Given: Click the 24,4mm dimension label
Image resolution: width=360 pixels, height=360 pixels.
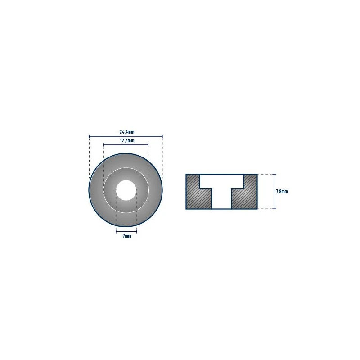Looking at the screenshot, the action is (x=127, y=132).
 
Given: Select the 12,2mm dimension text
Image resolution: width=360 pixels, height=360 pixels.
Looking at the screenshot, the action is (x=127, y=140).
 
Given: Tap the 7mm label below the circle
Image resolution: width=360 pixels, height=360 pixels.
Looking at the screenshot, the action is (x=127, y=236).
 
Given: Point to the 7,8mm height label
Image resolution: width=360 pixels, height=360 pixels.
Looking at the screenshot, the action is (x=282, y=191).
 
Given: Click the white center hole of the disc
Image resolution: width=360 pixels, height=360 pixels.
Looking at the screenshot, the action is (x=126, y=190).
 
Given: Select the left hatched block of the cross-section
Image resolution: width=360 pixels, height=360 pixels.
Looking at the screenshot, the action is (x=198, y=192).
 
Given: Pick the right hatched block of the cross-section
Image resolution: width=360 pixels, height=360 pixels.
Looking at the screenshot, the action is (x=244, y=192).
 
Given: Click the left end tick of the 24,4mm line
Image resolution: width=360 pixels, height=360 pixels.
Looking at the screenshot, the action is (x=89, y=137).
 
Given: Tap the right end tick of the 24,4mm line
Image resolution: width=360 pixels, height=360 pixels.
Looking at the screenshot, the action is (x=162, y=137).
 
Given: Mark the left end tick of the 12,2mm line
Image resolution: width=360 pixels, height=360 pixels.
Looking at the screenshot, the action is (x=103, y=144).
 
